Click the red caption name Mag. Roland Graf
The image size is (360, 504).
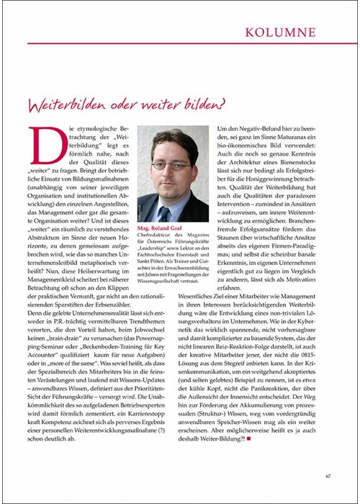pyautogui.click(x=159, y=230)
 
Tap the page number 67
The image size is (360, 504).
pyautogui.click(x=328, y=474)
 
